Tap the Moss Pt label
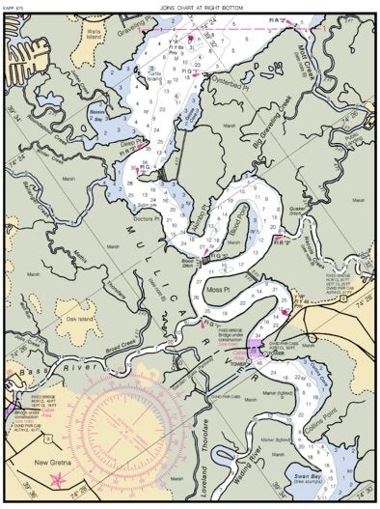coord(219,290)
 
